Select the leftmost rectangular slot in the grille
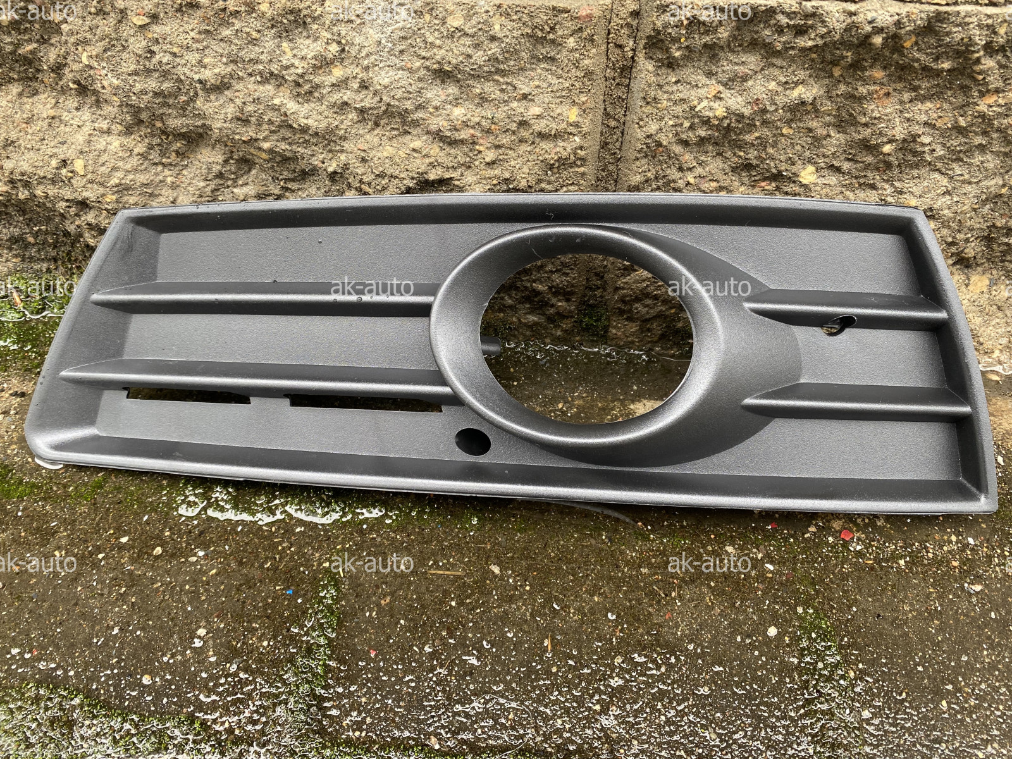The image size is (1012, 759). (x=189, y=396)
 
